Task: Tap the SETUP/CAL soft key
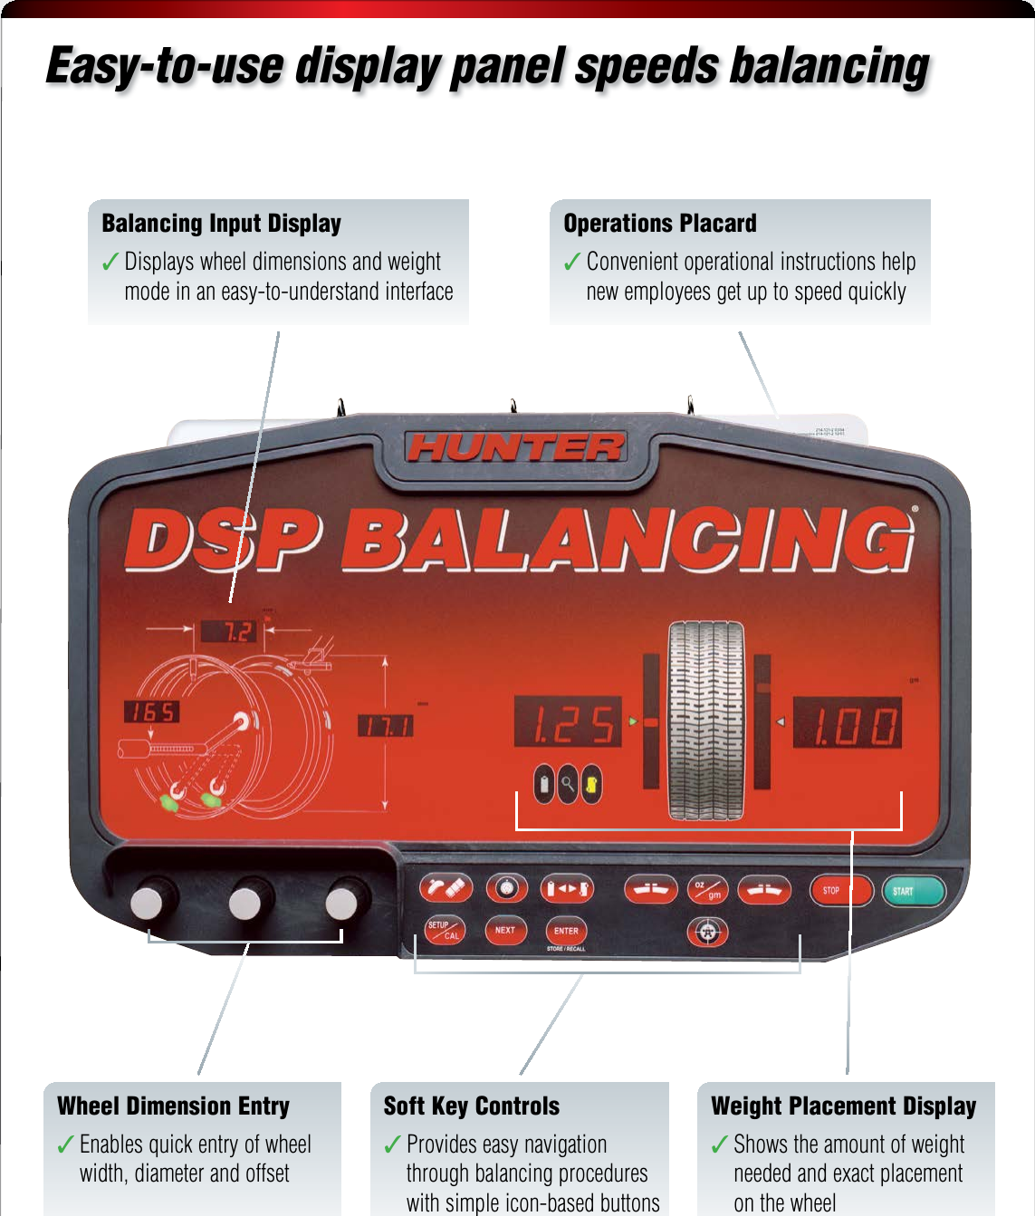[445, 930]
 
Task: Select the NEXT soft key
[505, 930]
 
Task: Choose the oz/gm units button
[707, 890]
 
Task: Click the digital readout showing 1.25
[568, 723]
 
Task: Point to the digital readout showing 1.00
[848, 723]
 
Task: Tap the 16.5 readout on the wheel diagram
[152, 712]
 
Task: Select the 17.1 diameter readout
[386, 726]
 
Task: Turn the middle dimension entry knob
[244, 902]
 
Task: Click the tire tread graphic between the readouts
[705, 721]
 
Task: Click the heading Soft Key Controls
[472, 1106]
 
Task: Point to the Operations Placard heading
[659, 223]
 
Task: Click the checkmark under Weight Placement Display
[719, 1145]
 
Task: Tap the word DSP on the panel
[223, 541]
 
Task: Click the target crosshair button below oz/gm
[708, 932]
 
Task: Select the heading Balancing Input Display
[222, 223]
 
